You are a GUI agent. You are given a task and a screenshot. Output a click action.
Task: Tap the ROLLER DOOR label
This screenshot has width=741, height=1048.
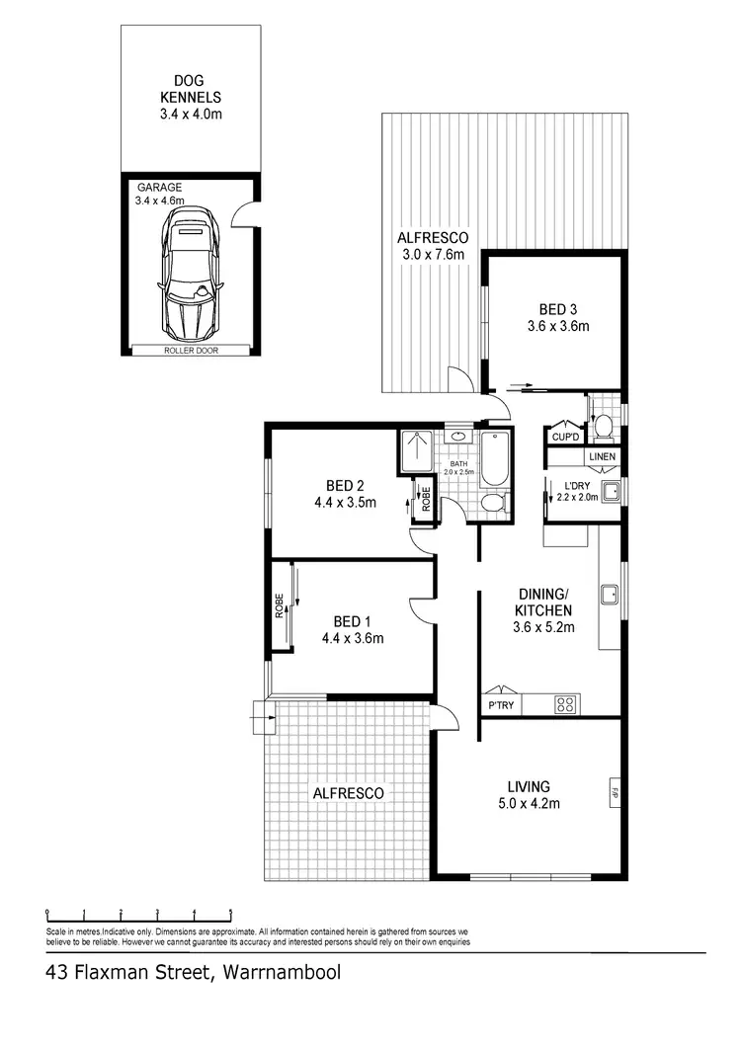point(191,351)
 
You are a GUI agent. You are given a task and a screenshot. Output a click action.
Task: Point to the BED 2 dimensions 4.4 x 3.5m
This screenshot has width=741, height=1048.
point(346,502)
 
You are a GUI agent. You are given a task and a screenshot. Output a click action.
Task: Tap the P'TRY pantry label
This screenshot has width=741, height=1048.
point(500,705)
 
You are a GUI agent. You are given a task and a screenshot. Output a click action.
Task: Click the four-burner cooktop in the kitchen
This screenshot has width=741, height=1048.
point(565,704)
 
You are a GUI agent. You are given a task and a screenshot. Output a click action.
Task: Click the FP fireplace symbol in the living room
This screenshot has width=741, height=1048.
point(614,791)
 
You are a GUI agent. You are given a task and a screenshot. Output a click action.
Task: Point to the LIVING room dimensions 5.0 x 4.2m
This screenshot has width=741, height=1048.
point(529,804)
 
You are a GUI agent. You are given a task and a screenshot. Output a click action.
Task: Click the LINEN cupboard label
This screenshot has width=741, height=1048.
point(602,457)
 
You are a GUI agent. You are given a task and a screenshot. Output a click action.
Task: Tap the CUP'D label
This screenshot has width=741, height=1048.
point(564,437)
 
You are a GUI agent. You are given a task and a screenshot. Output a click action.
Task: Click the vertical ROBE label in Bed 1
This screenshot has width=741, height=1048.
point(280,605)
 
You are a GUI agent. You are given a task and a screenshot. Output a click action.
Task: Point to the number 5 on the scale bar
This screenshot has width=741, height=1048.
point(231,912)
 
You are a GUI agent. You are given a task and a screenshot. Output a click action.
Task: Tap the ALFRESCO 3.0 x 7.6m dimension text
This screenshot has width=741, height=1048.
point(432,255)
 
